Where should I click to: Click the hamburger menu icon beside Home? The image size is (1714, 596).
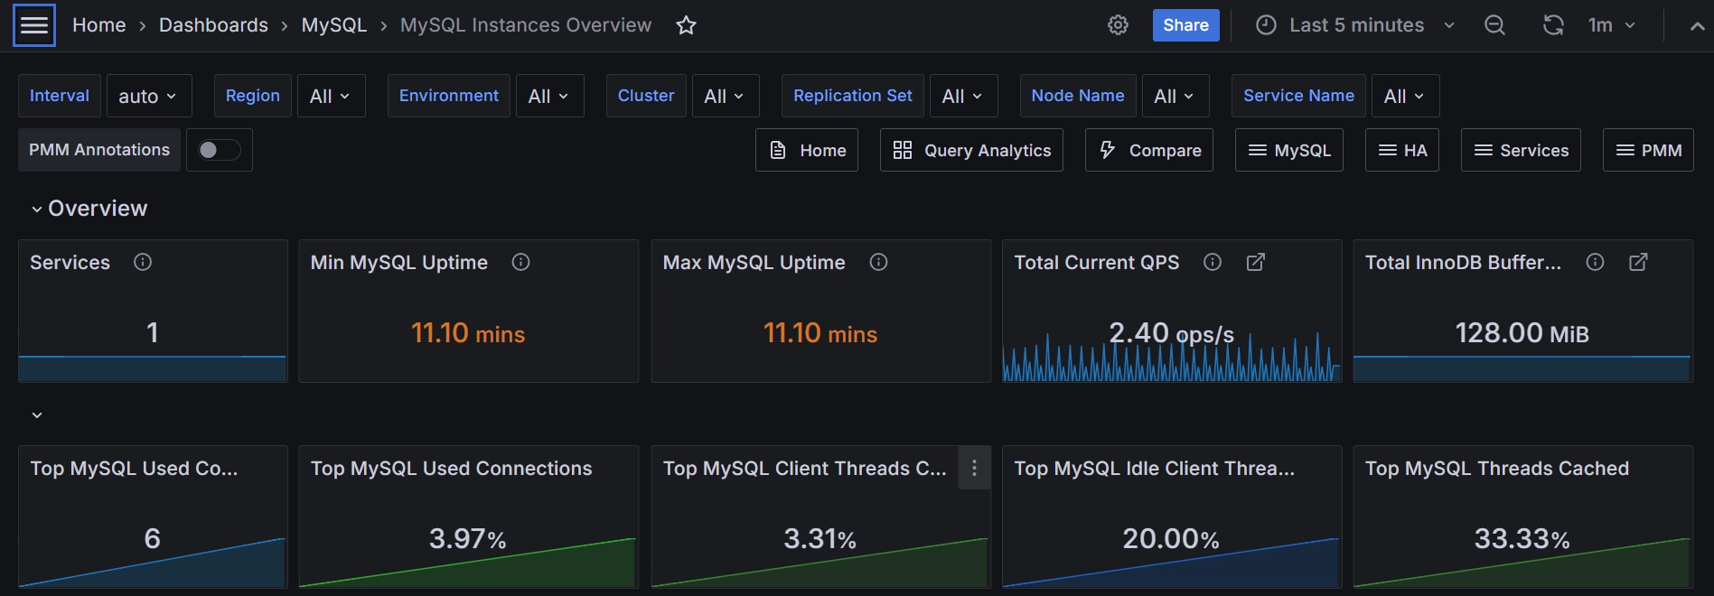[34, 25]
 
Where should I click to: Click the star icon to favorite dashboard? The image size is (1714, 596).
[686, 25]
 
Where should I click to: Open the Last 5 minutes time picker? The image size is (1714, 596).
[1355, 25]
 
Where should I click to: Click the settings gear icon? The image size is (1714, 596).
[1118, 25]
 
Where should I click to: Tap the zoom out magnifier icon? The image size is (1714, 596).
[1494, 25]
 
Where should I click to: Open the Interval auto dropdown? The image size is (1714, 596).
[148, 96]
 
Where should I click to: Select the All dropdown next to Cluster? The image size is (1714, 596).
[724, 96]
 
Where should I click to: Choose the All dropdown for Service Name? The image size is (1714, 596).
[1404, 96]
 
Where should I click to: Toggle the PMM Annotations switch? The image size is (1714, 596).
[219, 150]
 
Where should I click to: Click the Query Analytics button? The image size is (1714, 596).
[971, 150]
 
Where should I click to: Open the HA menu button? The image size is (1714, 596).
[1402, 150]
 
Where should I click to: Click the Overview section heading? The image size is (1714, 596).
[97, 209]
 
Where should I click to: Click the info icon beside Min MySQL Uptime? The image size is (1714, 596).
[520, 262]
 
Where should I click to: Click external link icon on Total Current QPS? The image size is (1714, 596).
[1255, 262]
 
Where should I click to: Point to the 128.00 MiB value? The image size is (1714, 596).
[1522, 332]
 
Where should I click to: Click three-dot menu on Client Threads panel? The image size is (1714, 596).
[974, 468]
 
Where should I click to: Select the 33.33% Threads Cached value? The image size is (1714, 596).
[1522, 539]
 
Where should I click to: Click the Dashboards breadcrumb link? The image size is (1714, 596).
[213, 25]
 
